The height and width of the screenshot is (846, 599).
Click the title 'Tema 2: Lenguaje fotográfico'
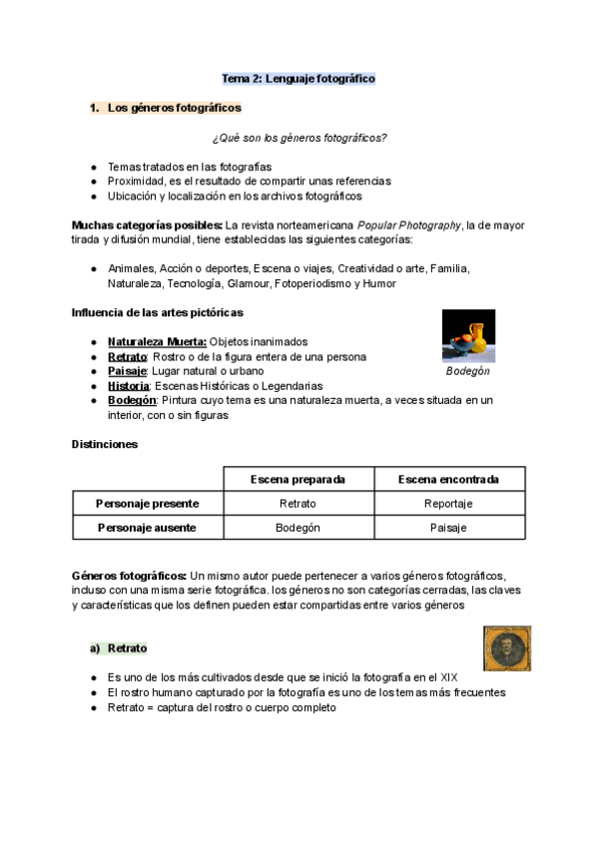tap(299, 78)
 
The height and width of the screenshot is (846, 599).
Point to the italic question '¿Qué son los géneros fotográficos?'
tap(299, 138)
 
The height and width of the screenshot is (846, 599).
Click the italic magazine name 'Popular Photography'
tap(402, 225)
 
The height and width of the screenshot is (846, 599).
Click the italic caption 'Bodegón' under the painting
tap(467, 371)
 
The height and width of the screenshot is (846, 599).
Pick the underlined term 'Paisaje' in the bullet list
tap(127, 371)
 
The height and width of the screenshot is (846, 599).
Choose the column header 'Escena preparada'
tap(298, 479)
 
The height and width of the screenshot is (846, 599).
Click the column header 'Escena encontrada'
tap(448, 479)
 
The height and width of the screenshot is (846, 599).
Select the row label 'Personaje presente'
tap(147, 504)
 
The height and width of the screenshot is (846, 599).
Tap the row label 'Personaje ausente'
tap(147, 528)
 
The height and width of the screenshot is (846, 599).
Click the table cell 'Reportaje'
tap(448, 504)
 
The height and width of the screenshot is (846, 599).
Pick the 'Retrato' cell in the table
tap(298, 504)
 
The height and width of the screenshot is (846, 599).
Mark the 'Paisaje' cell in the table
tap(448, 528)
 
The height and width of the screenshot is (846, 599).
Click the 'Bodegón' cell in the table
tap(298, 528)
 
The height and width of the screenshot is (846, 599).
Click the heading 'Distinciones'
tap(105, 444)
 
